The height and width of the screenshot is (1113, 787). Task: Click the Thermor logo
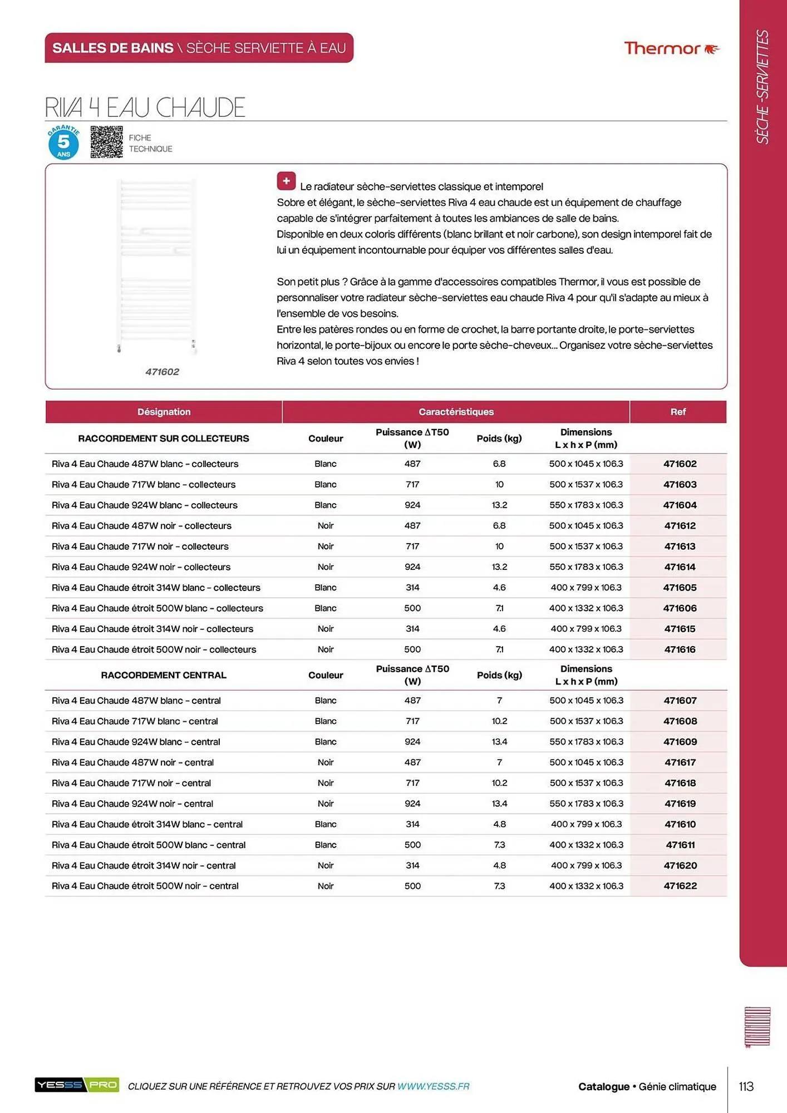671,48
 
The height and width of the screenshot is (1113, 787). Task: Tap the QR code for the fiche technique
106,142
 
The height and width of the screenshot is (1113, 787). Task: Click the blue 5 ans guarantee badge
63,142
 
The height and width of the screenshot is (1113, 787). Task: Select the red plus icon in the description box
286,181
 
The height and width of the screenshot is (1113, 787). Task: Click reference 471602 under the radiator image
162,372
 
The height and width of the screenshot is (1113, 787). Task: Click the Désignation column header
164,412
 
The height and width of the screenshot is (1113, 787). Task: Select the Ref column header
677,412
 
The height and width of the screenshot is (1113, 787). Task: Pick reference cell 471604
680,505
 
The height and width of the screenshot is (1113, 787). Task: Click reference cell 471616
680,649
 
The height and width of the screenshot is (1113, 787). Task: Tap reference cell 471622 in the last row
680,886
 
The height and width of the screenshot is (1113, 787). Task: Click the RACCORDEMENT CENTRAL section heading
164,675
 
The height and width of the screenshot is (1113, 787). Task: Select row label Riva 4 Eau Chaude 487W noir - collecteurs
141,526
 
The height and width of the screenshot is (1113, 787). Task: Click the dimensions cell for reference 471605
586,588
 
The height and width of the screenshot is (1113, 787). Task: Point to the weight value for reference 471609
499,742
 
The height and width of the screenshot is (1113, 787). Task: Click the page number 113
746,1086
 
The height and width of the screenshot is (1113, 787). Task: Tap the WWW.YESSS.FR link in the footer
433,1086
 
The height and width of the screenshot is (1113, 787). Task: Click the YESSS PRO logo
77,1085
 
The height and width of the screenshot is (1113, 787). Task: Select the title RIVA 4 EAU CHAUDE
145,107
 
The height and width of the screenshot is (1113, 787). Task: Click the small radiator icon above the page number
757,1027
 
